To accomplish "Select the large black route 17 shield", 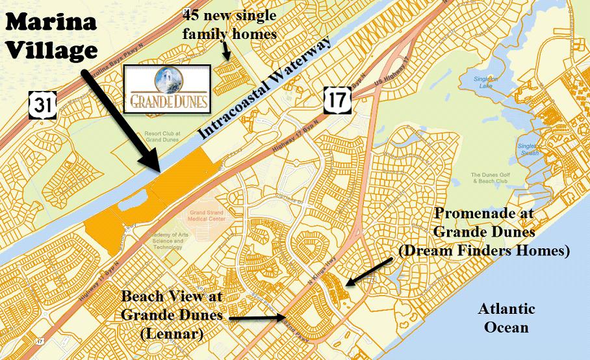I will pos(337,99).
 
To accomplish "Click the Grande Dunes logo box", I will pos(167,88).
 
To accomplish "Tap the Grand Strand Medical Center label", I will pos(207,216).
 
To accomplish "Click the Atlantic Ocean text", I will pos(506,318).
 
